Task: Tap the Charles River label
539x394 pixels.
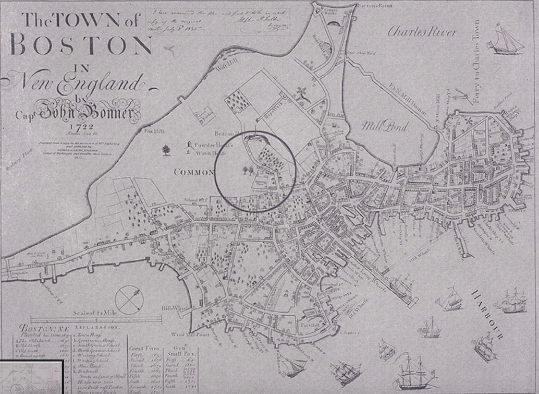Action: pyautogui.click(x=422, y=32)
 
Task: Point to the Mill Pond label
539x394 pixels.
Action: pyautogui.click(x=385, y=126)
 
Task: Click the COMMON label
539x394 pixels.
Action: pyautogui.click(x=194, y=172)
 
